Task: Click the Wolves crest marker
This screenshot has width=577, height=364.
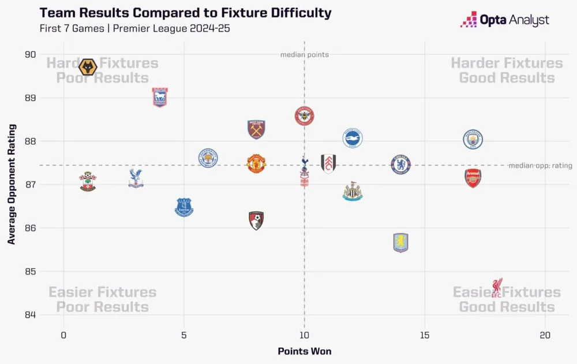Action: tap(88, 68)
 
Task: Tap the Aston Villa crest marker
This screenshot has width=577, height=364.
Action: tap(400, 242)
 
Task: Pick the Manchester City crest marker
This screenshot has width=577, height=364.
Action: tap(473, 139)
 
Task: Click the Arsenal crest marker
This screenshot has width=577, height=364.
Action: tap(473, 178)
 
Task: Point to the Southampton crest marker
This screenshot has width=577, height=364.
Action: tap(88, 181)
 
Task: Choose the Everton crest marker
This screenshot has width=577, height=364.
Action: tap(183, 207)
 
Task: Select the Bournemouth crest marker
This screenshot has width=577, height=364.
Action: tap(256, 221)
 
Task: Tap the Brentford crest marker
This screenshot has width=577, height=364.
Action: tap(304, 116)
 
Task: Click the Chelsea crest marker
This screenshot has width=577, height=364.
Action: tap(400, 165)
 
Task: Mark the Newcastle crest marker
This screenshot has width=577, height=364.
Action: tap(352, 192)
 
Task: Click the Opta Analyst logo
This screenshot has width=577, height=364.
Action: tap(504, 20)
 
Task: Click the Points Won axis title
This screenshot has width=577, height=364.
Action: tap(304, 351)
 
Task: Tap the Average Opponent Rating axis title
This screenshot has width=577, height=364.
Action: tap(12, 184)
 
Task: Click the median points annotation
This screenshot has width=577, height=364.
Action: tap(304, 55)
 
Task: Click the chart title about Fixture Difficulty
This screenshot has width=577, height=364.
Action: tap(185, 13)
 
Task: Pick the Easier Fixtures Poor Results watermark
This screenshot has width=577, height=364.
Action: tap(102, 299)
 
